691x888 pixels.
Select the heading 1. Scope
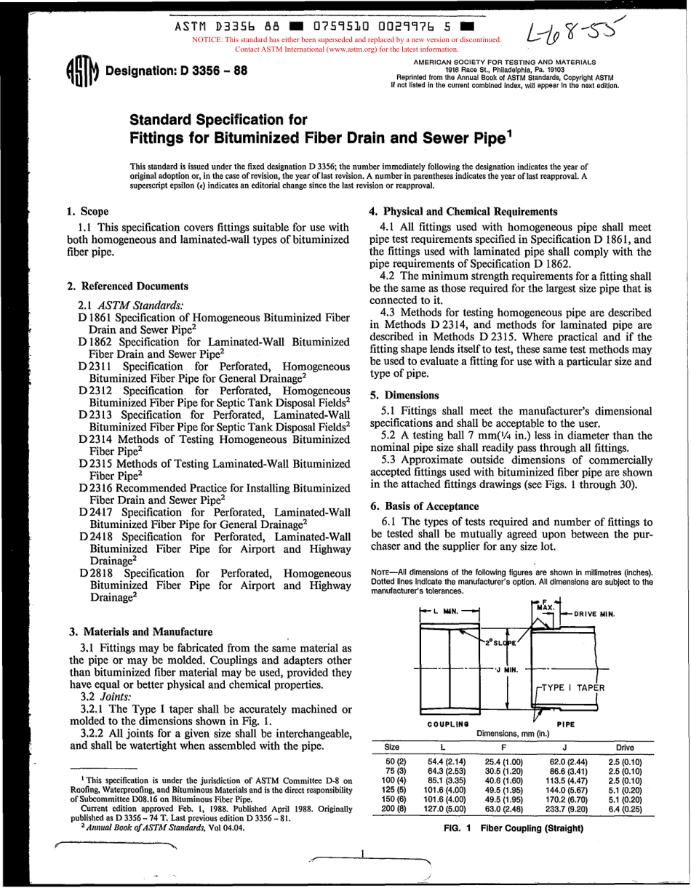click(x=88, y=212)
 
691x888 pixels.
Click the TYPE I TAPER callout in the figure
click(x=572, y=687)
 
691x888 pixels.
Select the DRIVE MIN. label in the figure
click(x=594, y=614)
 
